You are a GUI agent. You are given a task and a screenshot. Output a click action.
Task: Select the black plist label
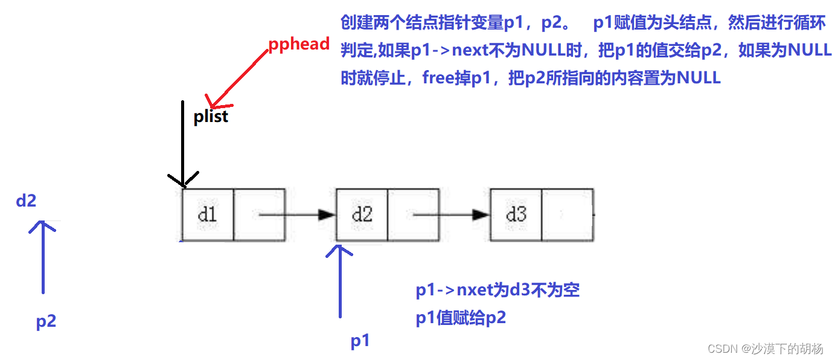[x=211, y=116]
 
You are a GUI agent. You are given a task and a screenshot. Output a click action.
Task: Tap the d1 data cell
[x=207, y=214]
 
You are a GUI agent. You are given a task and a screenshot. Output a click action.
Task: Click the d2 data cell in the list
[x=362, y=214]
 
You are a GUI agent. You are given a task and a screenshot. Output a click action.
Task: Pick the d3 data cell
[x=516, y=214]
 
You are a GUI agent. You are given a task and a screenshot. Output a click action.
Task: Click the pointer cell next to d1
[x=258, y=214]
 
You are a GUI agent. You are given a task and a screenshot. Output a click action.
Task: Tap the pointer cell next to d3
[x=567, y=214]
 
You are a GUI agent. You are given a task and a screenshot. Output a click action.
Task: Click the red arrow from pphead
[x=236, y=78]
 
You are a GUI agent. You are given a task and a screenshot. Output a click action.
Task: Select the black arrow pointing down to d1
[x=182, y=145]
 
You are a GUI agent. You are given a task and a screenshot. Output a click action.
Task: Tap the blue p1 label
[x=360, y=341]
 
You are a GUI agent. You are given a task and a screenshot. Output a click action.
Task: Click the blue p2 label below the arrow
[x=46, y=321]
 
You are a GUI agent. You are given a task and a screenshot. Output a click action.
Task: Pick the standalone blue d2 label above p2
[x=27, y=201]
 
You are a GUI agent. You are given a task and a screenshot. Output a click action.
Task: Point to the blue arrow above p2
[x=43, y=257]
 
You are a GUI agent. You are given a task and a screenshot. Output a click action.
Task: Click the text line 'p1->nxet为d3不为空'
[x=498, y=291]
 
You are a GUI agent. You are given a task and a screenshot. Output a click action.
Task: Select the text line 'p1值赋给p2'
[x=460, y=318]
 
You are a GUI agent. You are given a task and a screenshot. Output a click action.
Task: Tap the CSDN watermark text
[x=765, y=349]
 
